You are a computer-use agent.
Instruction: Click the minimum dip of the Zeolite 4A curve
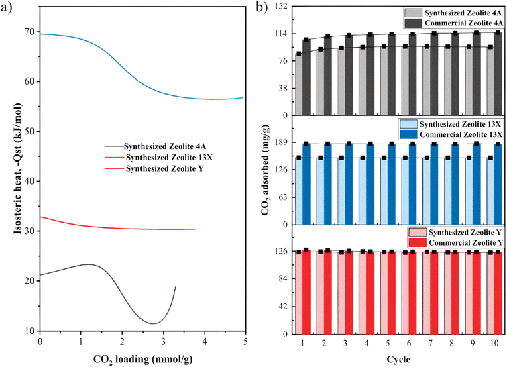tap(154, 323)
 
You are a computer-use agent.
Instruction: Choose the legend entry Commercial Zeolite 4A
tap(455, 23)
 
